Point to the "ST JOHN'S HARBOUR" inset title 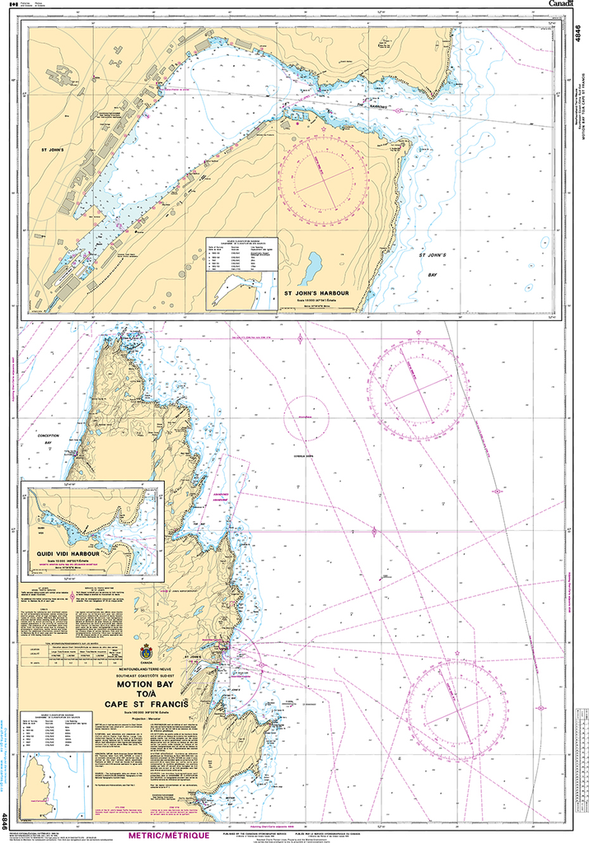click(318, 292)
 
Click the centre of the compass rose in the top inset click(322, 179)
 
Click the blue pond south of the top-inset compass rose click(314, 267)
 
